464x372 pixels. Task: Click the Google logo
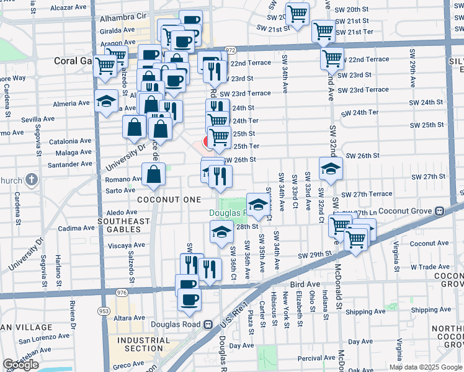pyautogui.click(x=20, y=365)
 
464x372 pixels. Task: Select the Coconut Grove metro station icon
pyautogui.click(x=440, y=211)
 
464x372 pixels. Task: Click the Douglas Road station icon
pyautogui.click(x=208, y=324)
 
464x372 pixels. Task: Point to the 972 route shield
pyautogui.click(x=230, y=50)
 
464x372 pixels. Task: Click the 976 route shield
pyautogui.click(x=121, y=292)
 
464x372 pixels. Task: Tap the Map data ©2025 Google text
pyautogui.click(x=425, y=367)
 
